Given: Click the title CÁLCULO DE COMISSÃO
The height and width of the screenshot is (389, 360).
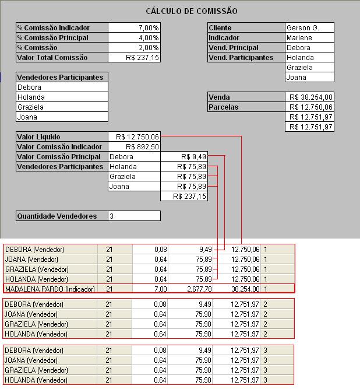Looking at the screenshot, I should [191, 11].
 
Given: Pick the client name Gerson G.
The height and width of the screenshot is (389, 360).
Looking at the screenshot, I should [302, 28].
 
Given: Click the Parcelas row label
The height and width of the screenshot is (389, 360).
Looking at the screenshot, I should [224, 107].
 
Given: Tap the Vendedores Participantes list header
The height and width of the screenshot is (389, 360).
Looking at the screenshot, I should [61, 78].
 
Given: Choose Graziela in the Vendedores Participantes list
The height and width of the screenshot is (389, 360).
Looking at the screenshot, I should [31, 107].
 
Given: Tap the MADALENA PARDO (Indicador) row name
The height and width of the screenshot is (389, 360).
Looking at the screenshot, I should [50, 289].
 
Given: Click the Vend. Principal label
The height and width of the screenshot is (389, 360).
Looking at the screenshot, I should [234, 48].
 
